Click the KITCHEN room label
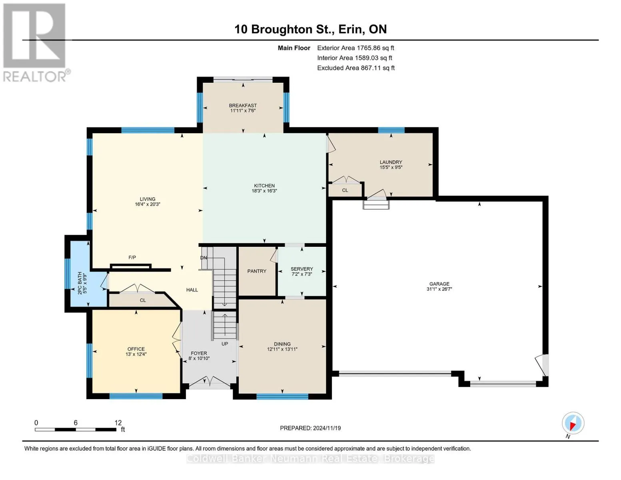pos(264,186)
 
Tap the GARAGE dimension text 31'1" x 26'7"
pos(439,289)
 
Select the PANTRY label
pos(257,271)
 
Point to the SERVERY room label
pos(302,269)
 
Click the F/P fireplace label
pos(132,258)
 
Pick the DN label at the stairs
pos(204,258)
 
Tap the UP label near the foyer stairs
pos(225,344)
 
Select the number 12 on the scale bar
pos(118,423)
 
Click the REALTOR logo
pos(35,42)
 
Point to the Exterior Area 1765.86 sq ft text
pos(355,48)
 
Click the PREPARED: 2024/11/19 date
pos(310,428)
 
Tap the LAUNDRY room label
pos(391,162)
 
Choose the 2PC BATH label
pos(80,283)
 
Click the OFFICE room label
pos(136,349)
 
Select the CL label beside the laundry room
pos(345,190)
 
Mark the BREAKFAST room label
pos(243,106)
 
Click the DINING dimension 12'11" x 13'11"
pos(282,349)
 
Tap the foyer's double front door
pos(210,382)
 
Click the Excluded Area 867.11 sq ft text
pos(355,68)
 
